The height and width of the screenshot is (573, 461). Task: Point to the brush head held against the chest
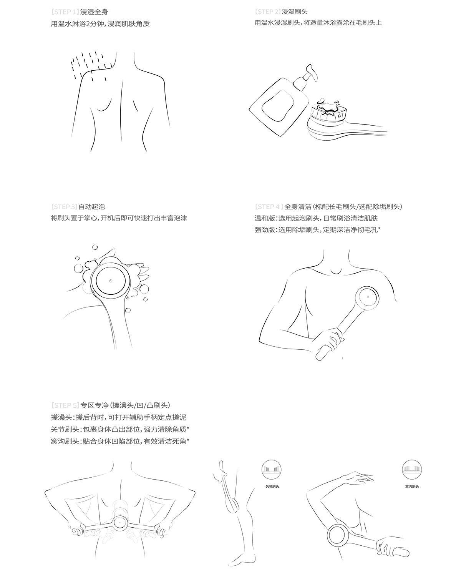pos(368,297)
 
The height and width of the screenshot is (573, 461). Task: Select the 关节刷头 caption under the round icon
pos(272,486)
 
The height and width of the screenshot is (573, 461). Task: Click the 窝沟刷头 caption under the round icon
pos(412,486)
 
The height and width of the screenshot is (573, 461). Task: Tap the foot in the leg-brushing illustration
pos(236,559)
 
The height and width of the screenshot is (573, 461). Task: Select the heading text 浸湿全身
pos(94,12)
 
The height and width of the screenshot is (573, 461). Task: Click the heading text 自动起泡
pos(91,207)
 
